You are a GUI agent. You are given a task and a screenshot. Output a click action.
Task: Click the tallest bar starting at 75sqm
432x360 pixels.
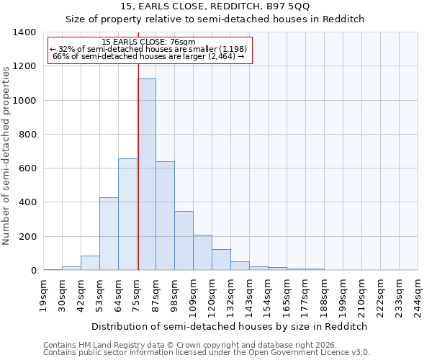(146, 175)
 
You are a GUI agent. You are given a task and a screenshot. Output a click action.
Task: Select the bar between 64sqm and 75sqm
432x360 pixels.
(127, 215)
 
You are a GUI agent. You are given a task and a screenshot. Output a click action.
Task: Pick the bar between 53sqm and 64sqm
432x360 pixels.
(109, 234)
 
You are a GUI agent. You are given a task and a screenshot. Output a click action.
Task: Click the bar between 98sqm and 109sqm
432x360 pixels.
(184, 241)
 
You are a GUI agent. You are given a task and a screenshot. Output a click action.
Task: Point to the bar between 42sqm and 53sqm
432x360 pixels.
(90, 263)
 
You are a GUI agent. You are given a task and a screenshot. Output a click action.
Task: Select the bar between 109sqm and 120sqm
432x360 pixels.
(202, 253)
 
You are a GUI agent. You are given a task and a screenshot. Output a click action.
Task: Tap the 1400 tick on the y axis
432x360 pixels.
(24, 32)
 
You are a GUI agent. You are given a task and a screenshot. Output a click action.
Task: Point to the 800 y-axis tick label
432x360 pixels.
(27, 135)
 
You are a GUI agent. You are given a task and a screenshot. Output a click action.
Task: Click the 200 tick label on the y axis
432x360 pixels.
(27, 237)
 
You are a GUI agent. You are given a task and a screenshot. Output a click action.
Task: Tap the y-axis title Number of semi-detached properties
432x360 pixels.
(7, 155)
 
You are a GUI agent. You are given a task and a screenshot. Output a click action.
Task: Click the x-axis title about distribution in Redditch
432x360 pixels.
(230, 326)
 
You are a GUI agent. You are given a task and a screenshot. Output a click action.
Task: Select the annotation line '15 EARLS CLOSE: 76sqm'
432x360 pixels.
(149, 42)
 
